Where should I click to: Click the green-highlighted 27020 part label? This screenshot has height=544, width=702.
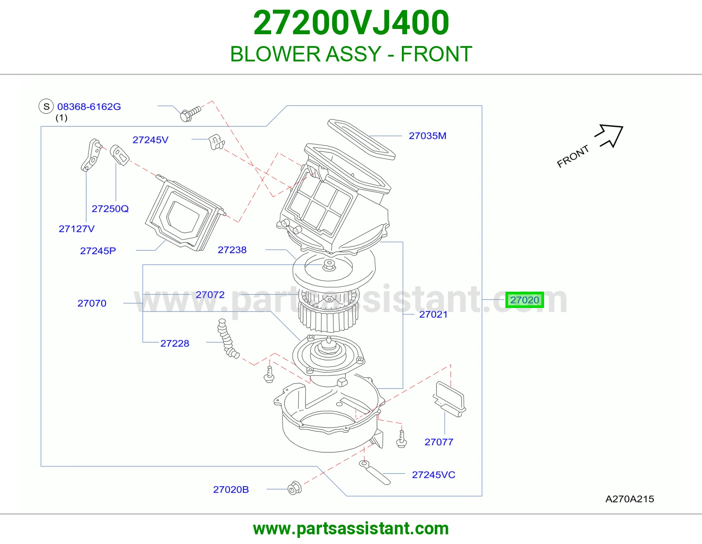click(x=524, y=300)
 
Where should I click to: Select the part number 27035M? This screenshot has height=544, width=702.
click(x=427, y=136)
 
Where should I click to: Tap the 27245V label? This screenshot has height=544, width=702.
click(x=150, y=140)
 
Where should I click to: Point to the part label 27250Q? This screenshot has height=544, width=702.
click(x=110, y=209)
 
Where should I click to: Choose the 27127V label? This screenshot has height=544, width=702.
click(x=77, y=229)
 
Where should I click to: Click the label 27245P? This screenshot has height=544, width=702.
click(x=98, y=251)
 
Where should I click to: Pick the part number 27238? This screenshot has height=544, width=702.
click(x=232, y=250)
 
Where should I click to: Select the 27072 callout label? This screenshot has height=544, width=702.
click(x=210, y=295)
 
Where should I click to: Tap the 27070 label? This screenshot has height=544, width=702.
click(x=92, y=303)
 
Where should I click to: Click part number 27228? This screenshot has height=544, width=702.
click(x=175, y=344)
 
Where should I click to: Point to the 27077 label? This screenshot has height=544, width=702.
click(x=439, y=442)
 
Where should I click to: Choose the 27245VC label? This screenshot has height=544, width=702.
click(x=433, y=475)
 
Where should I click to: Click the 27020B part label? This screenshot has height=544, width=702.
click(x=231, y=490)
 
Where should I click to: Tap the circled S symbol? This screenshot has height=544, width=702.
click(x=46, y=106)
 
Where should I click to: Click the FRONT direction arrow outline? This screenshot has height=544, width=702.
click(x=609, y=136)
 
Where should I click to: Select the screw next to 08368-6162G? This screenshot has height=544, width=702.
click(x=190, y=113)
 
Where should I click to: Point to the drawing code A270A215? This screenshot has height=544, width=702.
click(x=629, y=499)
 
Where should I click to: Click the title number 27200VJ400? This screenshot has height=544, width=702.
click(x=351, y=23)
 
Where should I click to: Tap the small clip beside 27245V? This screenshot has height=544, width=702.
click(x=217, y=142)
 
